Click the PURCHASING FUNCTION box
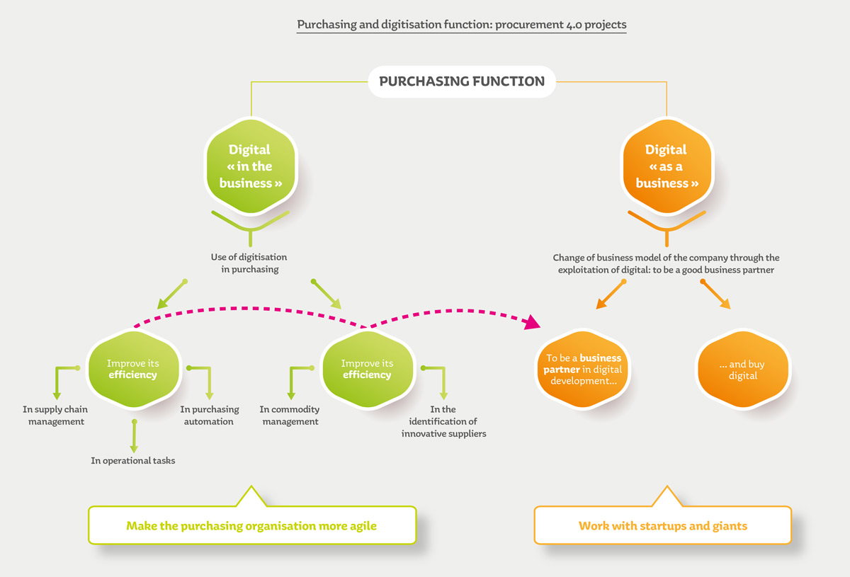462,81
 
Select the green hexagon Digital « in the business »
249,166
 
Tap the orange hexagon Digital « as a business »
666,166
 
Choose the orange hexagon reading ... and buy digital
743,370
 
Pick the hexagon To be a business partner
583,370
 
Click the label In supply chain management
55,416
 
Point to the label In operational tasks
132,460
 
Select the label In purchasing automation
210,416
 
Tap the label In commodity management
290,416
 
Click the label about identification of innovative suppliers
444,421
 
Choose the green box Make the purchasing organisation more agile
251,526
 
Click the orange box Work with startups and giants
662,526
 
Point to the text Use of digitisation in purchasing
249,263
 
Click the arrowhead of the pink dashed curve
533,323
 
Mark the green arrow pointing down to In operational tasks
132,439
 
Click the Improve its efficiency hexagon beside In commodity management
367,369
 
